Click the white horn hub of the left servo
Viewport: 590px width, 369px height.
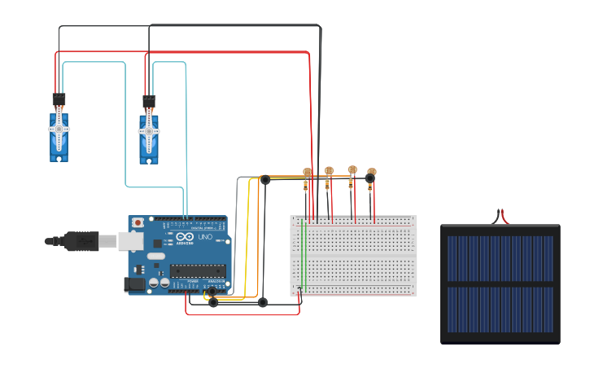(59, 129)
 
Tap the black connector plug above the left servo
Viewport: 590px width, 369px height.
(59, 100)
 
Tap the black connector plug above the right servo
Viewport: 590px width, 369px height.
(149, 101)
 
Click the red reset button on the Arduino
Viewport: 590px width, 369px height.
(138, 222)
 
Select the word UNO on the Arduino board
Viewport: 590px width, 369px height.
(204, 237)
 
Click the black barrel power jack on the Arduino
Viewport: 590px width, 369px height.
(134, 284)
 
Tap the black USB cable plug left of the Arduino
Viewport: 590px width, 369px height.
(81, 241)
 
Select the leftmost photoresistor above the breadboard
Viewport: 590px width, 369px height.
(307, 173)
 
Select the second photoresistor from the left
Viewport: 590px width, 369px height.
(329, 171)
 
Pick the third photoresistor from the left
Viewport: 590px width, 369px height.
(352, 170)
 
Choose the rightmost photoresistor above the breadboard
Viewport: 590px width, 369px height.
(372, 173)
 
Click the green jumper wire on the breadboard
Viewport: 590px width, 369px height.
(302, 253)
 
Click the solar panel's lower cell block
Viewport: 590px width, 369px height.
(500, 309)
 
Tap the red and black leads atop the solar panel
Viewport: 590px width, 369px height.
(500, 217)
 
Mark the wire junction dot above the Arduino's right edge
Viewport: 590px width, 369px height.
(264, 179)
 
